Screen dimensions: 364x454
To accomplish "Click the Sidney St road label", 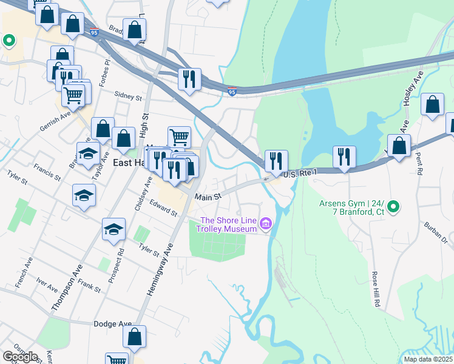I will pyautogui.click(x=128, y=96).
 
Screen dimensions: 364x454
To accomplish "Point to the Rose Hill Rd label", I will pyautogui.click(x=376, y=289).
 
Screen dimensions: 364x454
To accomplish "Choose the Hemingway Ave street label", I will pyautogui.click(x=160, y=269).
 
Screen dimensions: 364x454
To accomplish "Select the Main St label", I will pyautogui.click(x=208, y=197).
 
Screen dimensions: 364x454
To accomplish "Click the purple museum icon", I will pyautogui.click(x=265, y=225).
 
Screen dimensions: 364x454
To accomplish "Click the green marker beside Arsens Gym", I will pyautogui.click(x=393, y=207).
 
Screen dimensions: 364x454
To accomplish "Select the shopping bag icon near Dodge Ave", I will pyautogui.click(x=135, y=336).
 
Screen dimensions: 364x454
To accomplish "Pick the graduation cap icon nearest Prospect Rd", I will pyautogui.click(x=113, y=229).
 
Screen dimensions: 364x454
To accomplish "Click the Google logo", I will pyautogui.click(x=20, y=356).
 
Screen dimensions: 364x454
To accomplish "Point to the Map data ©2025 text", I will pyautogui.click(x=428, y=359).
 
